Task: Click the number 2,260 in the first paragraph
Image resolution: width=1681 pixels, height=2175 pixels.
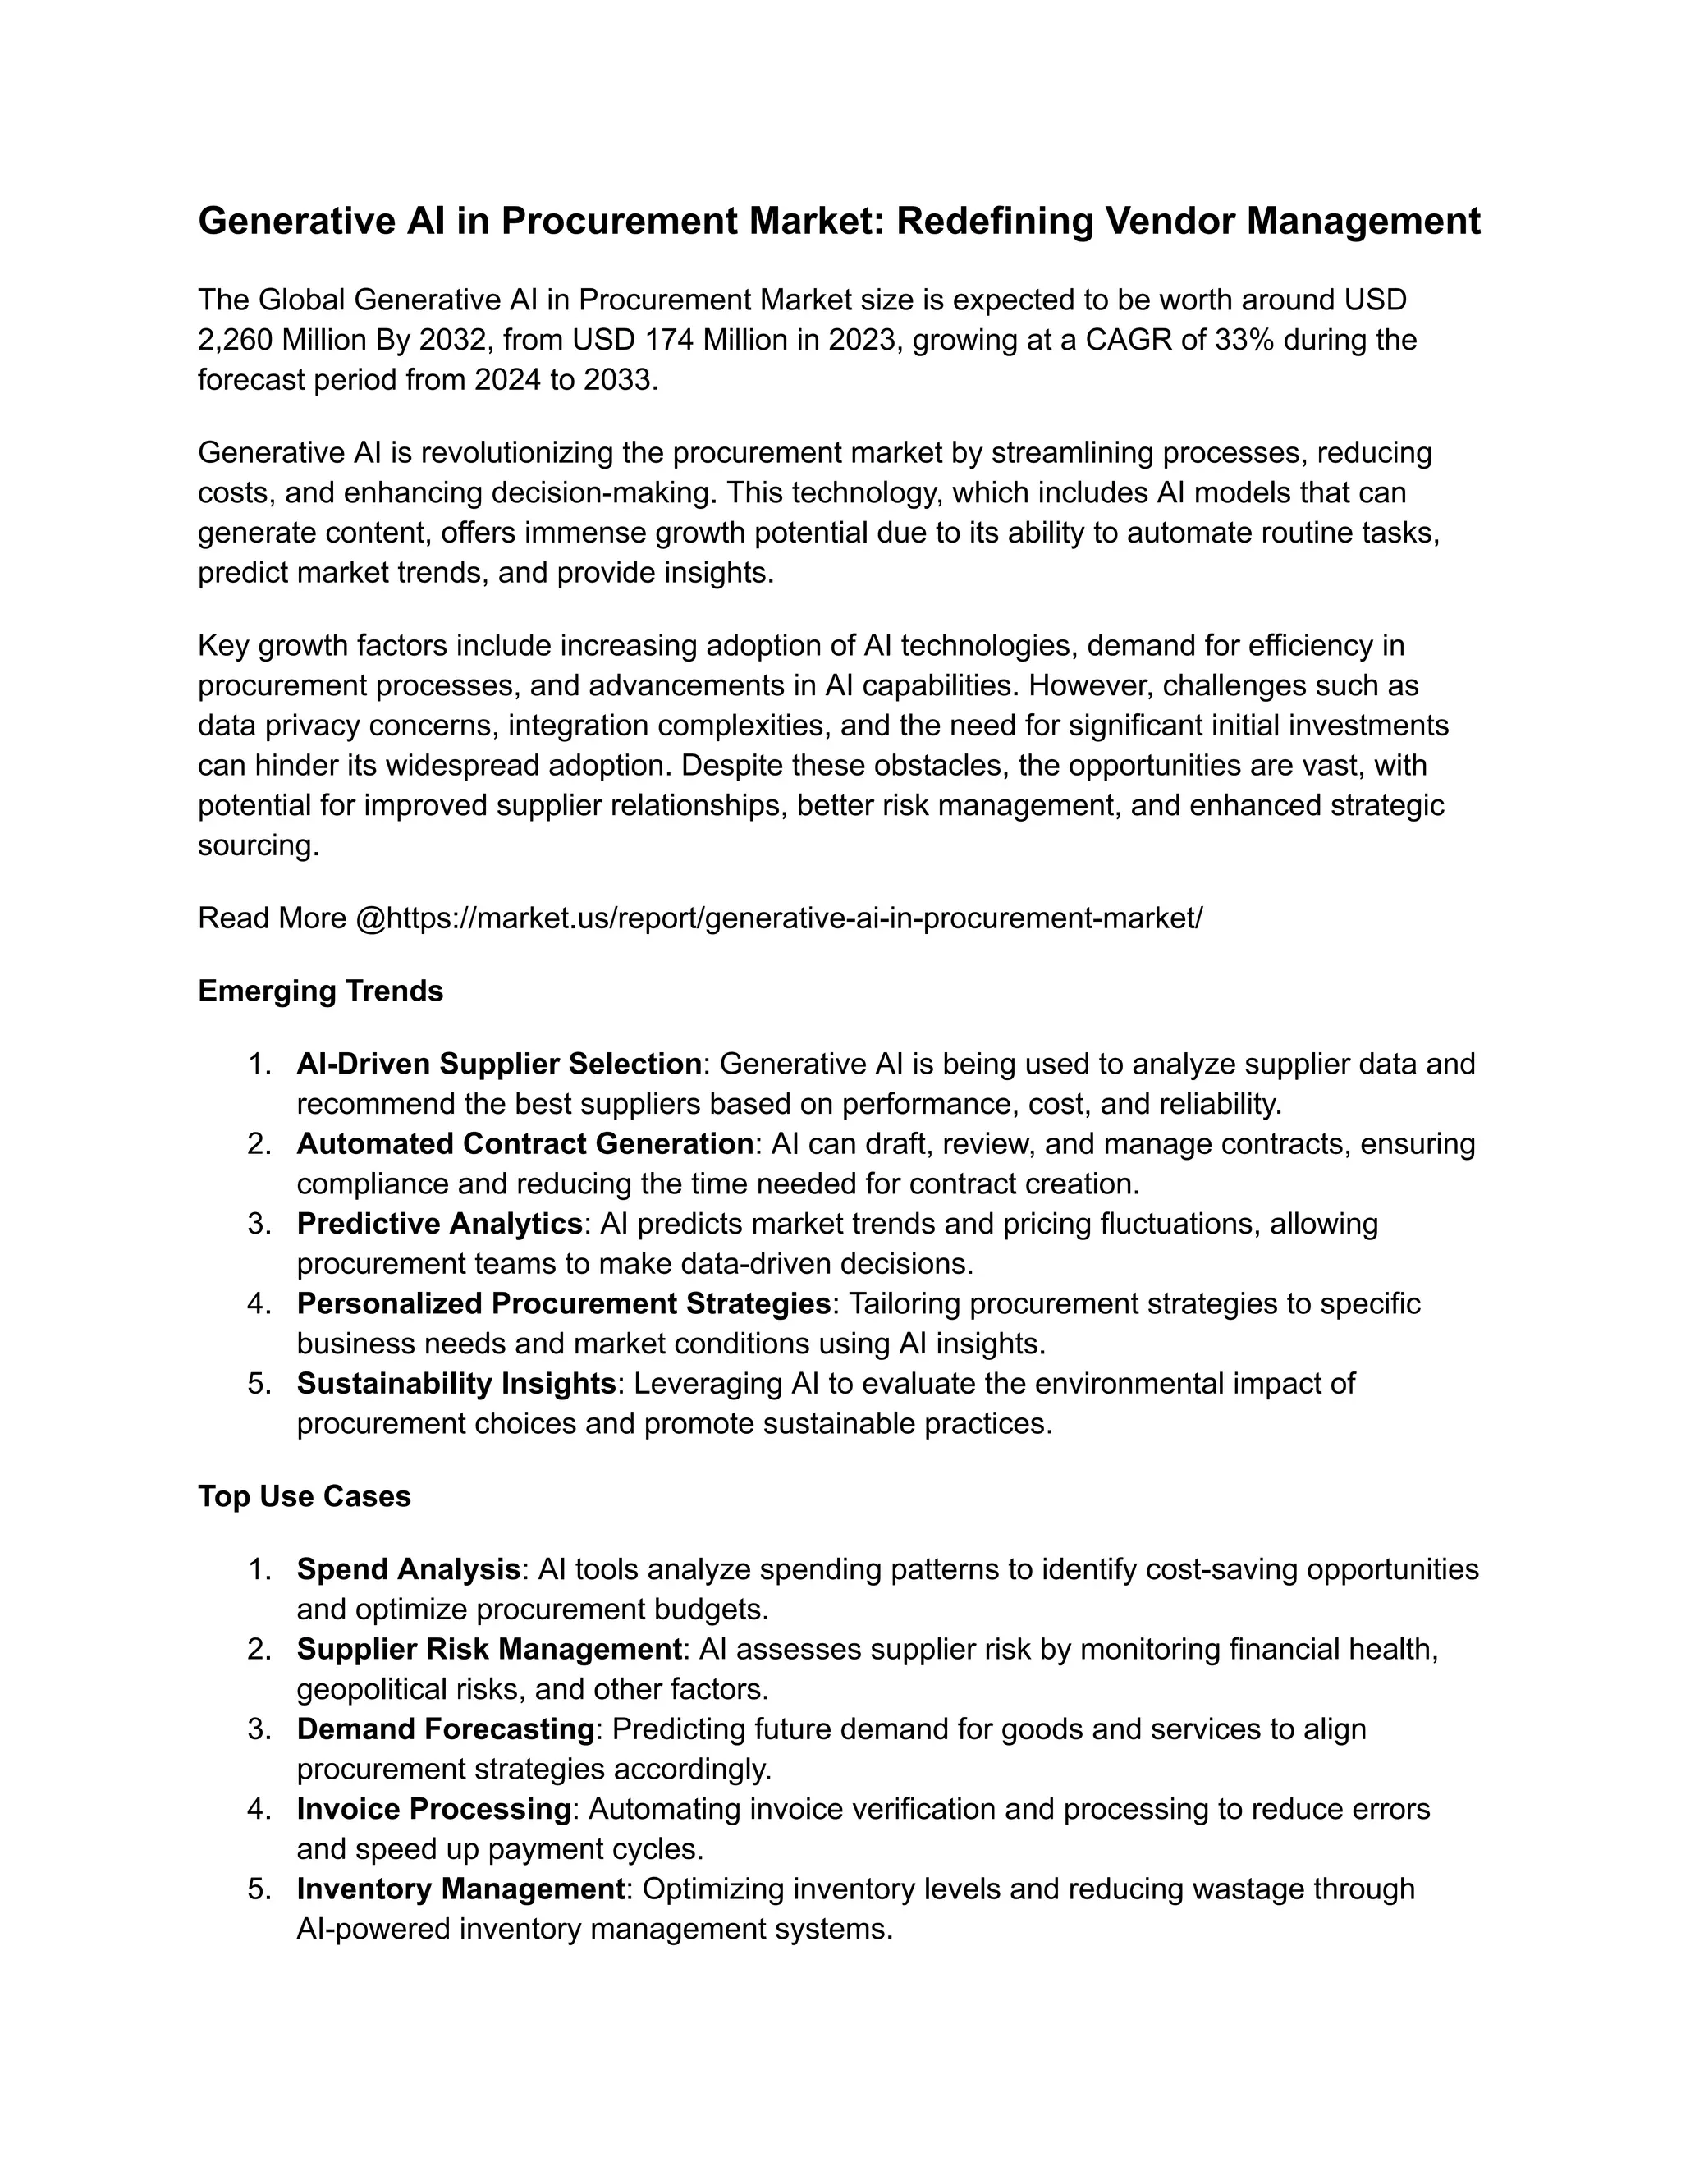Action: tap(235, 340)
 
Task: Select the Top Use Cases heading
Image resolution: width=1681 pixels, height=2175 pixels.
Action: tap(304, 1495)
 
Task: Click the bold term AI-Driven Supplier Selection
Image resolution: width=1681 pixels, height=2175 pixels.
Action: tap(499, 1064)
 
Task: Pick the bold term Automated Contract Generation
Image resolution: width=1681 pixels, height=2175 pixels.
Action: tap(524, 1143)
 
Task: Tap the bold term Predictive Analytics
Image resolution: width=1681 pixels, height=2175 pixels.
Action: tap(439, 1223)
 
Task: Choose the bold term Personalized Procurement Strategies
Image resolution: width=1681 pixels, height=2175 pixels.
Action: tap(564, 1303)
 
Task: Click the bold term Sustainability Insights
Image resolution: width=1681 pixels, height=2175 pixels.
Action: tap(456, 1383)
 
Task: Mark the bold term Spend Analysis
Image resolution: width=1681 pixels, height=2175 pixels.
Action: tap(408, 1568)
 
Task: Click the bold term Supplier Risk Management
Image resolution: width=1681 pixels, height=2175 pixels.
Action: tap(488, 1649)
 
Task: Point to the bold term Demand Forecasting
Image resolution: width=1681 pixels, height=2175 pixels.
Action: tap(445, 1729)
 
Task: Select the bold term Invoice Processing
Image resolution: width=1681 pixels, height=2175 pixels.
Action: tap(433, 1808)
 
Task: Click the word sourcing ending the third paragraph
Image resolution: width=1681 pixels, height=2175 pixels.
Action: tap(255, 845)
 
